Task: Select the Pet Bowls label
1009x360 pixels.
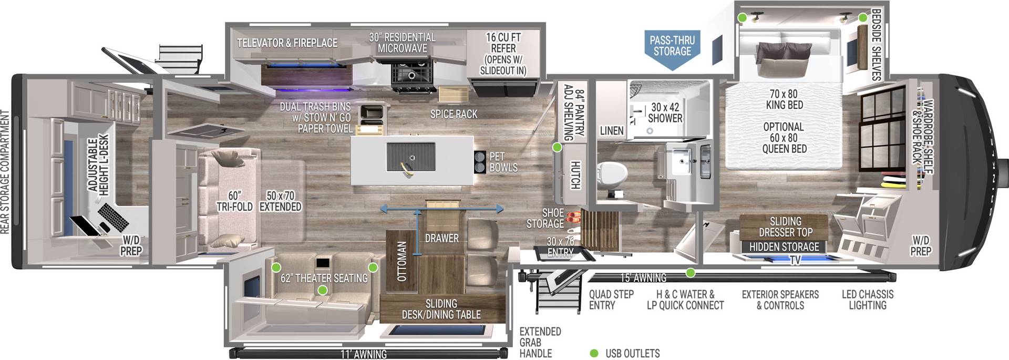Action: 503,162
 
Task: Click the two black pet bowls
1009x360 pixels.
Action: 480,162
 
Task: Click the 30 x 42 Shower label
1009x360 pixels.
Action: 665,112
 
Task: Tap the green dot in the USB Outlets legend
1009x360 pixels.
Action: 594,353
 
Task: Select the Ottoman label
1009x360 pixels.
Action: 402,261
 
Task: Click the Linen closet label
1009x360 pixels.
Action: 612,130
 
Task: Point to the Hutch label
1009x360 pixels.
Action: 575,175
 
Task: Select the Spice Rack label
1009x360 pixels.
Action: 454,114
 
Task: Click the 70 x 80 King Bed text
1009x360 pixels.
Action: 784,99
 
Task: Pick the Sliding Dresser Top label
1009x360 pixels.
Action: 785,227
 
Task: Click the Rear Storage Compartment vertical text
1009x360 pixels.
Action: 5,171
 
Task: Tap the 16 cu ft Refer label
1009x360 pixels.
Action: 503,54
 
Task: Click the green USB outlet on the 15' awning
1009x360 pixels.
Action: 691,273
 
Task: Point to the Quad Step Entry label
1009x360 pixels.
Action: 611,300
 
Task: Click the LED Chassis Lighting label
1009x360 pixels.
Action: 867,300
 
